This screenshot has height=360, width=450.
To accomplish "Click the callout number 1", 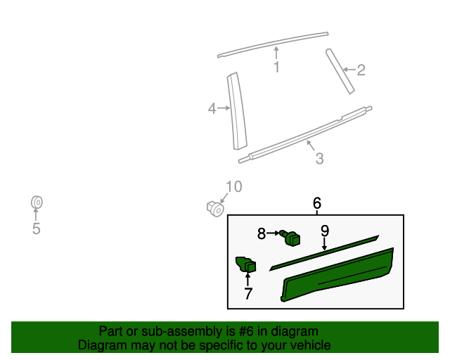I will point(276,67).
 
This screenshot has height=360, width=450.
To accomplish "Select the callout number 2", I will point(361,70).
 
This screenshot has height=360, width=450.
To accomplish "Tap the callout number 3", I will point(319,159).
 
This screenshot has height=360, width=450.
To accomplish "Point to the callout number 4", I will point(212,108).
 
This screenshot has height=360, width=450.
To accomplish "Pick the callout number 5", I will point(36,229).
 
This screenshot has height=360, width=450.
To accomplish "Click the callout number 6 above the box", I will point(316,204).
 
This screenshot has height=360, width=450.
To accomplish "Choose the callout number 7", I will point(247,294).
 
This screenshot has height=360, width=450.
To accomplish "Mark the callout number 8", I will point(262,233).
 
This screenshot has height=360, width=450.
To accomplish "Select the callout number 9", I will point(325,231).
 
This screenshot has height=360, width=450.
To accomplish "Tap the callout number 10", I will point(233,186).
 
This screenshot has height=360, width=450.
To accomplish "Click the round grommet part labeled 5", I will point(37,203).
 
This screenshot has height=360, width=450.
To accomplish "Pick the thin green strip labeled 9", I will point(323,252).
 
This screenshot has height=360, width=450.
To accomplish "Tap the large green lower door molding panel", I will point(337,276).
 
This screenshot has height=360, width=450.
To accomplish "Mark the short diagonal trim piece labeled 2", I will point(340,70).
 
